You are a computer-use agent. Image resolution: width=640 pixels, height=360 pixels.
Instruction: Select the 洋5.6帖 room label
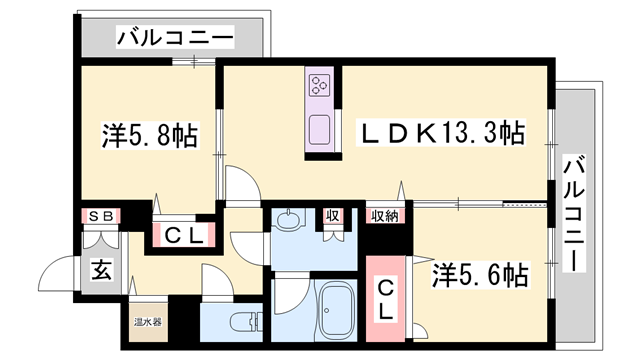coord(480,272)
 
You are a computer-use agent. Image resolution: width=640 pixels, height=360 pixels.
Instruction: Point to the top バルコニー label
coord(174,39)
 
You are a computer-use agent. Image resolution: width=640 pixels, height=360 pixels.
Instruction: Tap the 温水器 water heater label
coord(148,322)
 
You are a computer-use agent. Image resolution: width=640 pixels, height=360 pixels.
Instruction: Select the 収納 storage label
coord(386,214)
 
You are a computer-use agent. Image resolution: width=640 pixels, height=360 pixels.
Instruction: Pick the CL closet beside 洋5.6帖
coord(383,298)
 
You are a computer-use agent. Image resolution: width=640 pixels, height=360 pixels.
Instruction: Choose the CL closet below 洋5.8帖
coord(184,236)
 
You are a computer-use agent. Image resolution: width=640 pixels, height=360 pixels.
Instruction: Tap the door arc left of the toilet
coord(214,281)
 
